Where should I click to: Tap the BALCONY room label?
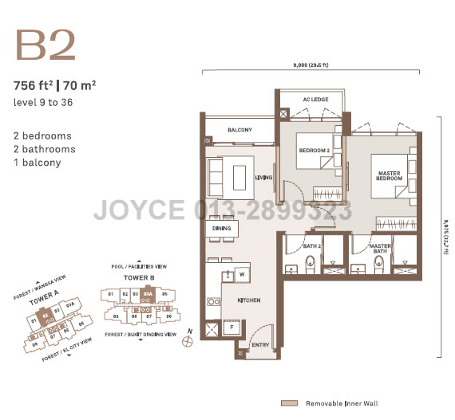[239, 130]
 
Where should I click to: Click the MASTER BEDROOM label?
[388, 174]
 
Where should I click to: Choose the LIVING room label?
[263, 178]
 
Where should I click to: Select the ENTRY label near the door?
[260, 345]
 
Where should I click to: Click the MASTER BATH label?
[381, 249]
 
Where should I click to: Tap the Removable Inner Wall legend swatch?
[288, 403]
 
